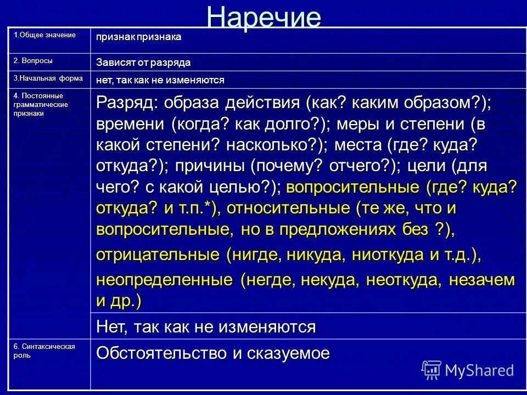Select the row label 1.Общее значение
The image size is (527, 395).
[x=44, y=35]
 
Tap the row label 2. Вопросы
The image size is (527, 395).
[x=33, y=60]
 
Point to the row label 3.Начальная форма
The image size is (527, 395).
[x=48, y=78]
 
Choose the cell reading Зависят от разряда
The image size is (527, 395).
[x=143, y=62]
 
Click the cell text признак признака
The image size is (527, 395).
[x=138, y=37]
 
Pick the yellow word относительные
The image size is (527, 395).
[x=288, y=208]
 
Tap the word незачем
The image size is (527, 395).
[x=482, y=280]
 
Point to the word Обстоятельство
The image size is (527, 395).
[x=162, y=353]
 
